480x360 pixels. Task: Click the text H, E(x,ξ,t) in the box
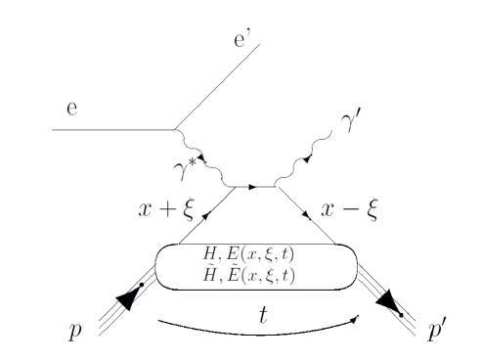(256, 254)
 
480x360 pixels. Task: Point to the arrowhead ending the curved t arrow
(356, 316)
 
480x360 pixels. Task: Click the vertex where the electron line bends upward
(175, 129)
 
